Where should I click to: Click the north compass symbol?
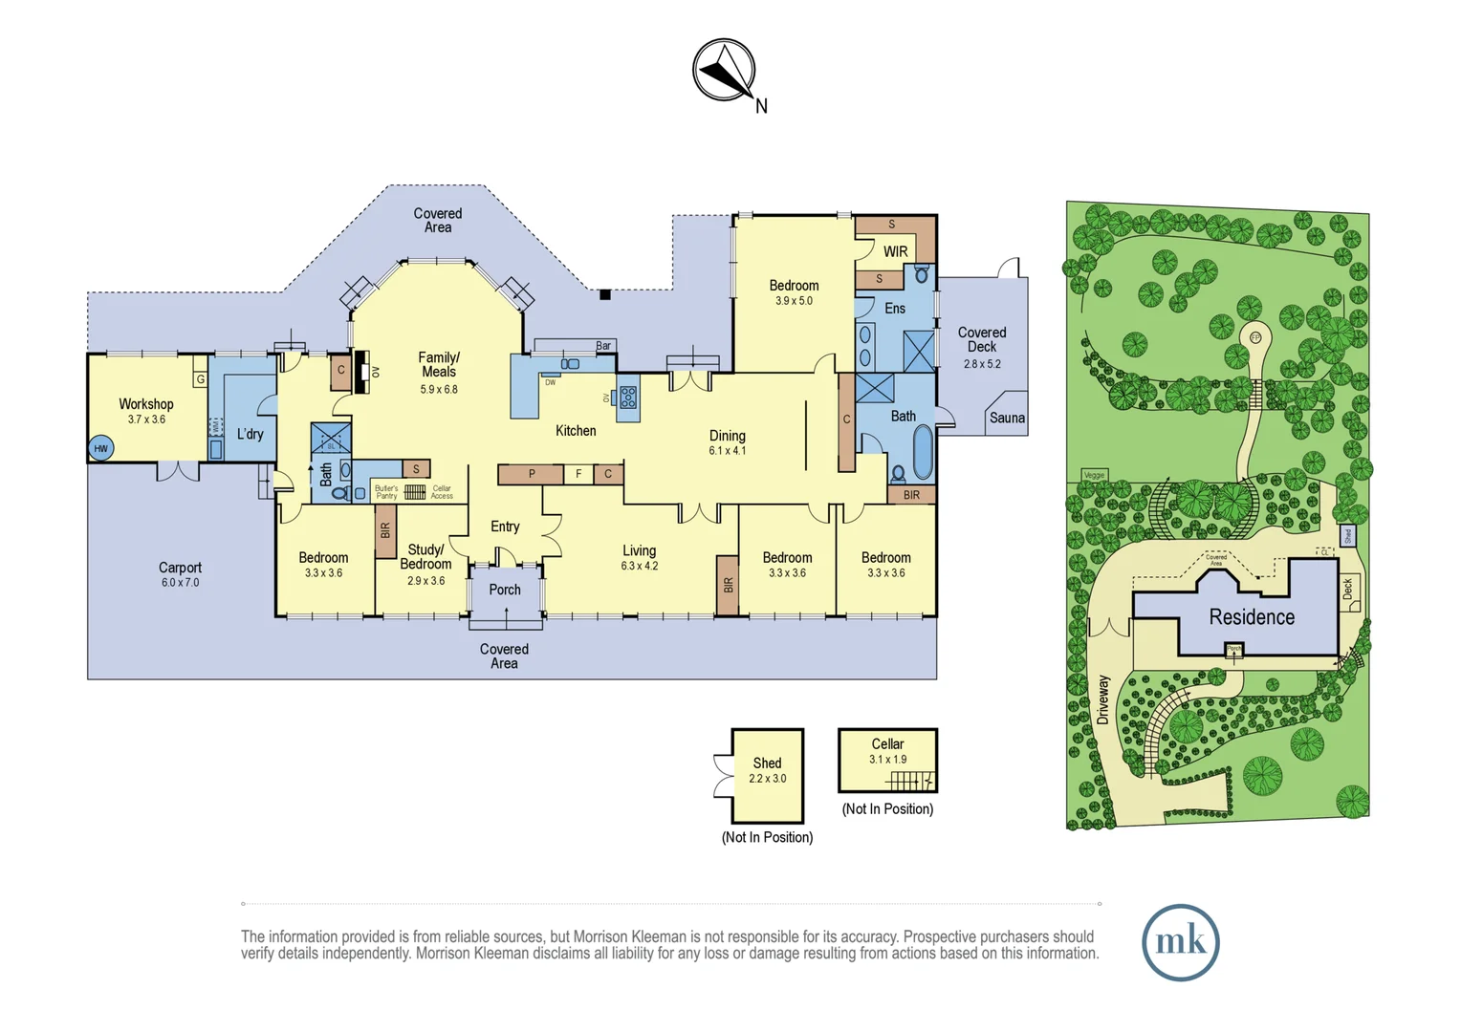[x=724, y=70]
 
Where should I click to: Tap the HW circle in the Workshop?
[x=100, y=448]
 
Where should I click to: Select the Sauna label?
[x=1007, y=418]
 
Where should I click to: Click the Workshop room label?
[x=145, y=404]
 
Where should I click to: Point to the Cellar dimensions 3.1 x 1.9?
[x=887, y=760]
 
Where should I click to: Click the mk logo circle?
[x=1180, y=942]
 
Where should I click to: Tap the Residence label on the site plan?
[x=1251, y=617]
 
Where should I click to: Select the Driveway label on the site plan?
[x=1102, y=699]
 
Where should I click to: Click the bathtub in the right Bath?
[x=922, y=451]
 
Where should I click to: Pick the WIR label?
[x=895, y=251]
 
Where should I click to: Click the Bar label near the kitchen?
[x=603, y=346]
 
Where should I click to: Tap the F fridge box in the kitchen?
[x=578, y=474]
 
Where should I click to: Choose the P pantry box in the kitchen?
[x=532, y=474]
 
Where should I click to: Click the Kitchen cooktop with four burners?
[x=628, y=397]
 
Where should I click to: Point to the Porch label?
[x=505, y=590]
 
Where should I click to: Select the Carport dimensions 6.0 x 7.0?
[x=180, y=583]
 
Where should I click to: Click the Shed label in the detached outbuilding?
[x=767, y=763]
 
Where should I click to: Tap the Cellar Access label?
[x=442, y=492]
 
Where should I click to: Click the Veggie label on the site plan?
[x=1094, y=475]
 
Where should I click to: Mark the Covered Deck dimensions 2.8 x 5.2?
[x=982, y=364]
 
